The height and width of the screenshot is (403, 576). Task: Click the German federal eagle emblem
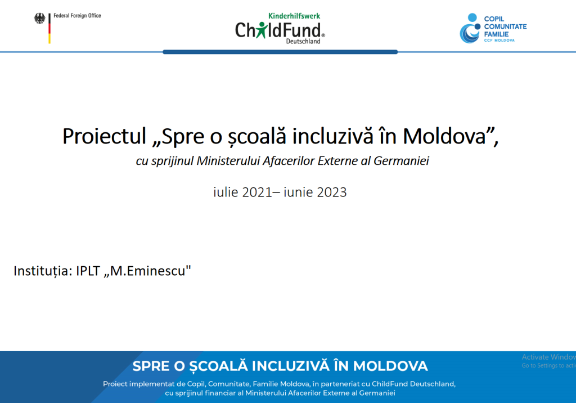40,19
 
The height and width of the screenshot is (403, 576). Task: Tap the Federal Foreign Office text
77,15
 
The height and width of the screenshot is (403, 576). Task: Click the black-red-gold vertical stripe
49,28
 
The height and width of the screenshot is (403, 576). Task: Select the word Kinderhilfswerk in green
294,16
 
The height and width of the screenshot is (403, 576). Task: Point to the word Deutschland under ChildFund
303,41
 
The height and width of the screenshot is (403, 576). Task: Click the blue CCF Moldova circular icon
470,28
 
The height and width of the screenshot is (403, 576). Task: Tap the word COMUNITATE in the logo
505,26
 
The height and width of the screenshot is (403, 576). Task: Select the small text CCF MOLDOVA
499,40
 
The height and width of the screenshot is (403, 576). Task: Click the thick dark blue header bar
280,52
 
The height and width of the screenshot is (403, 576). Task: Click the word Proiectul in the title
104,136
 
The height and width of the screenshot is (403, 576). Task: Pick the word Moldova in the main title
444,136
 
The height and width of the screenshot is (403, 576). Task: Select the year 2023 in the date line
332,192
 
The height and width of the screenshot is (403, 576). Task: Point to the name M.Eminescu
148,271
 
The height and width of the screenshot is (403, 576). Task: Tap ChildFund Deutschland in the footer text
413,384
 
